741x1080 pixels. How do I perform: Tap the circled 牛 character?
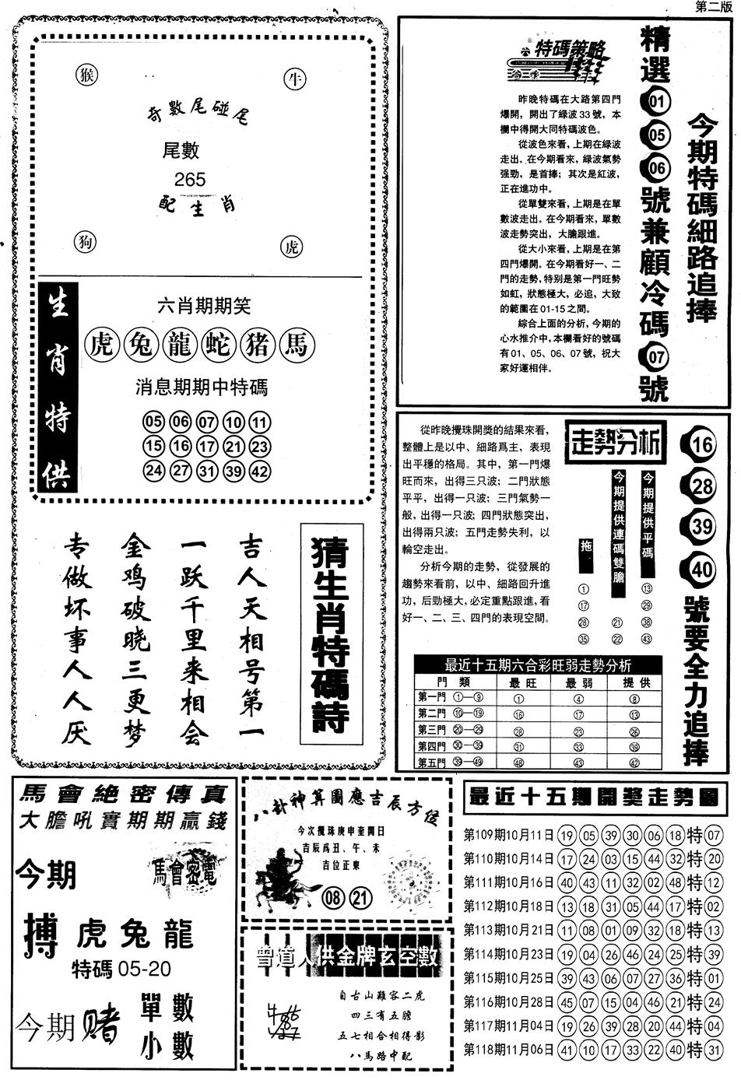295,79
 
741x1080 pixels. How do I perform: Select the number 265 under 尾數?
190,180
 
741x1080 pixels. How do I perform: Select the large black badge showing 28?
701,487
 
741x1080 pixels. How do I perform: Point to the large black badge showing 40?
701,569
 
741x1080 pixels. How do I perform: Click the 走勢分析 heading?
615,444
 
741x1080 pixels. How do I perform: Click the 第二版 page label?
712,7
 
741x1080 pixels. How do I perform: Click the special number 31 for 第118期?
713,1050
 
